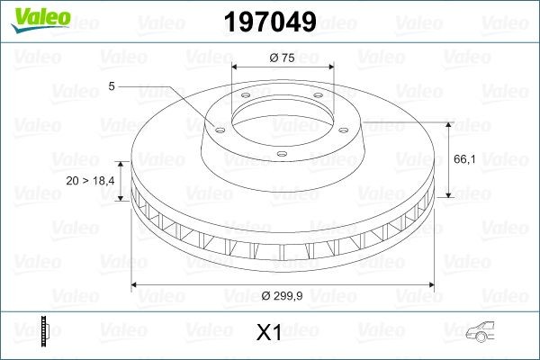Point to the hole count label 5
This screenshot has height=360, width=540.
(112, 86)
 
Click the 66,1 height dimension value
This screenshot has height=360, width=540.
(465, 159)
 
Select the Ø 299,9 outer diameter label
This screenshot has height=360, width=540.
(283, 296)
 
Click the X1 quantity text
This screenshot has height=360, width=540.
(269, 333)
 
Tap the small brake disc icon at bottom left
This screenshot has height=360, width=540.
(45, 330)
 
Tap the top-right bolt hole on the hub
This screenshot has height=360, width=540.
(319, 99)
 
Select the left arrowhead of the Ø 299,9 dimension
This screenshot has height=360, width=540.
(136, 285)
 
